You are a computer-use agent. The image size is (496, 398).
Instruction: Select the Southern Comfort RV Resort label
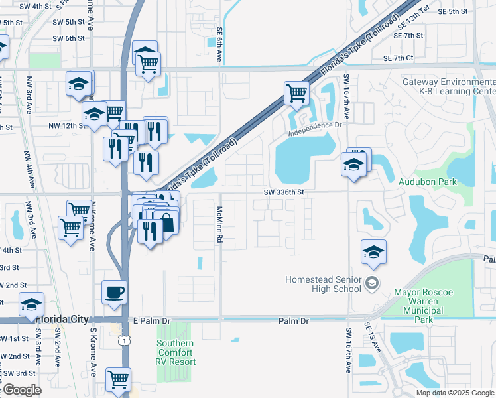pyautogui.click(x=176, y=352)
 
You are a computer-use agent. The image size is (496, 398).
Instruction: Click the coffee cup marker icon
pyautogui.click(x=115, y=293)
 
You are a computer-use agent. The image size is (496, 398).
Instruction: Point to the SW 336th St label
pyautogui.click(x=283, y=192)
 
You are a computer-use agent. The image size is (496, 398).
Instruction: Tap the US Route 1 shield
pyautogui.click(x=124, y=340)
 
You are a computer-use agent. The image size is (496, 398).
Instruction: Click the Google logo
pyautogui.click(x=21, y=390)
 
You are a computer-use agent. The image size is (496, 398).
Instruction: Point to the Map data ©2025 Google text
pyautogui.click(x=455, y=393)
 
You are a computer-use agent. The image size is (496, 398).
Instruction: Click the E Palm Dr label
pyautogui.click(x=152, y=320)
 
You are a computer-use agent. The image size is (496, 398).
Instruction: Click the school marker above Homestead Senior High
pyautogui.click(x=373, y=251)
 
